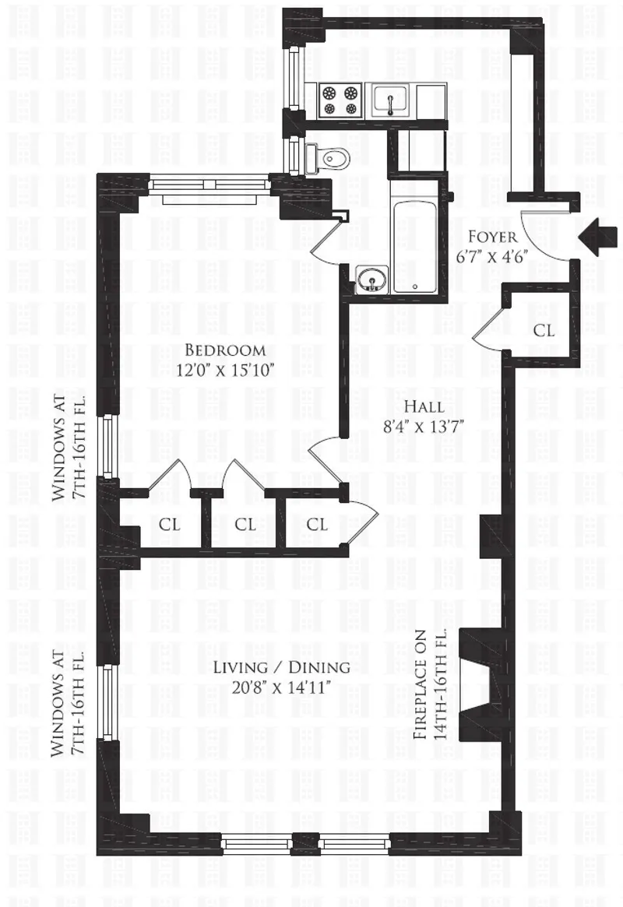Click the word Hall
(424, 406)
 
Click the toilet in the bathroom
(331, 158)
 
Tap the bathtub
(414, 245)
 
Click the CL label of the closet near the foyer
(544, 331)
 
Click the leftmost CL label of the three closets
(170, 525)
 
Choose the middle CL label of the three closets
(245, 525)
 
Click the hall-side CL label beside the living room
(317, 525)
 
